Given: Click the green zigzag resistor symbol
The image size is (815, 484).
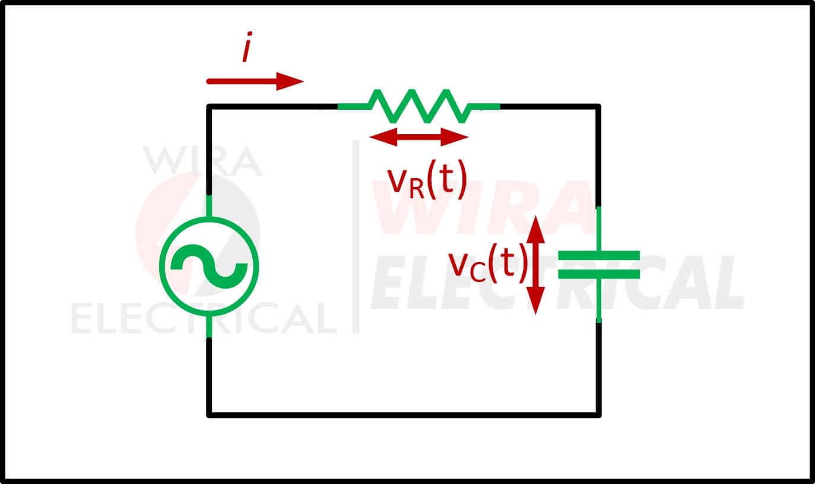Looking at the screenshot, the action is point(419,106).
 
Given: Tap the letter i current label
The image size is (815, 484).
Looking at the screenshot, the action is point(248,47).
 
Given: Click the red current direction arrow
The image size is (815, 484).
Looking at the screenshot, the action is point(255,81).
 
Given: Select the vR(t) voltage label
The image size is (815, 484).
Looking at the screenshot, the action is point(427,180).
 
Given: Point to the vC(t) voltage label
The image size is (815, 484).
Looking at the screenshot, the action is point(487,262).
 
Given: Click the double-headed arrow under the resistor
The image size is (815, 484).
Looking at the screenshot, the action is point(419,137).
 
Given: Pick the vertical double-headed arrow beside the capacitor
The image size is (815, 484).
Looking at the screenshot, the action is point(535,265).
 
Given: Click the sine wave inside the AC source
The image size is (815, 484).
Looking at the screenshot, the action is point(209,267).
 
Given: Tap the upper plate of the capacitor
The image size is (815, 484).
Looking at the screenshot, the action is point(599,255).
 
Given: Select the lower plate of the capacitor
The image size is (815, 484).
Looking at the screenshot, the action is point(599,274).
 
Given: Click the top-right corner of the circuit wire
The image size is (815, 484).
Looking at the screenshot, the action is point(599,106).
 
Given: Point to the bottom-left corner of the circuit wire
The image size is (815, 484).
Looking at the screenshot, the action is point(209,415).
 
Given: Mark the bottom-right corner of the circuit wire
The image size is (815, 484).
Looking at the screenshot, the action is point(599,415).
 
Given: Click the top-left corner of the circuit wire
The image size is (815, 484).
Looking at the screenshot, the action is point(209,106).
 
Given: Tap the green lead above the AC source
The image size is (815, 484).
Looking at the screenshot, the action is point(209,206).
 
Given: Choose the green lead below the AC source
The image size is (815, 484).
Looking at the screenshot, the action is point(209,327).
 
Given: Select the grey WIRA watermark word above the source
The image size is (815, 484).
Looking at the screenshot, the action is point(202,161).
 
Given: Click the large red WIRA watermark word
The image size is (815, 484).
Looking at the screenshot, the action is point(484,207).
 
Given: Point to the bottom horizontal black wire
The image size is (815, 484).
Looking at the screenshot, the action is point(404,415).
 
